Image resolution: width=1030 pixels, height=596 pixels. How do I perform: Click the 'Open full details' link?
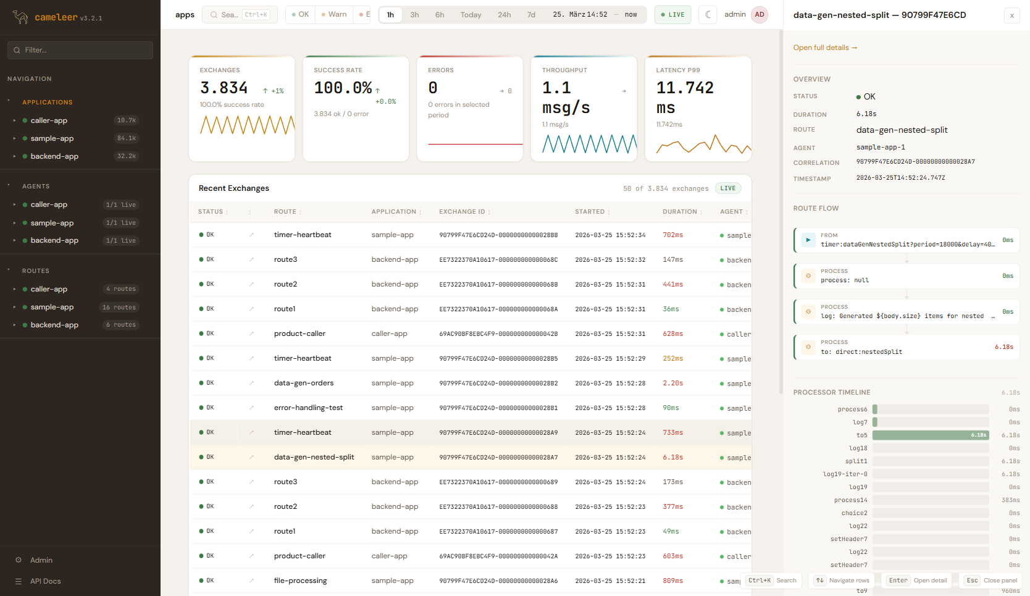pyautogui.click(x=824, y=48)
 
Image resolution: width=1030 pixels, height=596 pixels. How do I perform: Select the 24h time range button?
pyautogui.click(x=504, y=15)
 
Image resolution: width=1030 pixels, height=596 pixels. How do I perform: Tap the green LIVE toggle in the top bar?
pyautogui.click(x=672, y=15)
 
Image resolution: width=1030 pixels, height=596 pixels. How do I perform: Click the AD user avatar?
pyautogui.click(x=759, y=15)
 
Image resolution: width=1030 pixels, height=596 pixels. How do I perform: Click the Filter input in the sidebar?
pyautogui.click(x=80, y=50)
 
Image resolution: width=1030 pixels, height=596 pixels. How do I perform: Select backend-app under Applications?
pyautogui.click(x=54, y=156)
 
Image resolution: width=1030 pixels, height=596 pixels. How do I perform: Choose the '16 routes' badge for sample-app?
pyautogui.click(x=119, y=307)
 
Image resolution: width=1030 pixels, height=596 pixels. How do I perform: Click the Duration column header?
pyautogui.click(x=679, y=212)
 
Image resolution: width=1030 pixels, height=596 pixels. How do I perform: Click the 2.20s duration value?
pyautogui.click(x=672, y=383)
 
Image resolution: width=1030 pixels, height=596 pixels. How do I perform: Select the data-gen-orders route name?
pyautogui.click(x=303, y=383)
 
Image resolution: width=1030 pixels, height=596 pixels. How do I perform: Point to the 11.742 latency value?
pyautogui.click(x=684, y=88)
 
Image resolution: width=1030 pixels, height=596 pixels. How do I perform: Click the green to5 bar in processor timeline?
pyautogui.click(x=930, y=435)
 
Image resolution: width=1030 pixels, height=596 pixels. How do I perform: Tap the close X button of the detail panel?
pyautogui.click(x=1011, y=15)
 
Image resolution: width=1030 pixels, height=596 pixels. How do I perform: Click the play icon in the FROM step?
pyautogui.click(x=808, y=240)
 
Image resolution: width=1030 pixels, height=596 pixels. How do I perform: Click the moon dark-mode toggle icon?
pyautogui.click(x=708, y=15)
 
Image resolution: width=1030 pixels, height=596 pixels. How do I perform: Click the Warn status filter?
pyautogui.click(x=334, y=15)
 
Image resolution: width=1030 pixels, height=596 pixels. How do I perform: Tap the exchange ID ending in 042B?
pyautogui.click(x=498, y=334)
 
